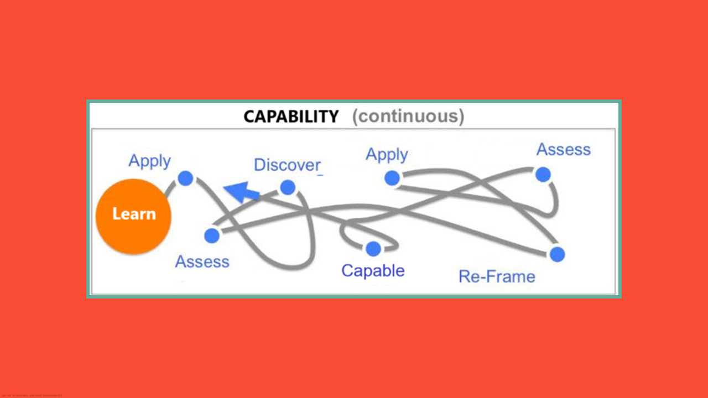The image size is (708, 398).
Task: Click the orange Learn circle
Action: coord(133,216)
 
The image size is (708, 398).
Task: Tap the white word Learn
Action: coord(134,214)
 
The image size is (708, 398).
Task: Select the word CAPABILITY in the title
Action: coord(291,117)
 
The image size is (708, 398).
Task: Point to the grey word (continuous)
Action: coord(408,117)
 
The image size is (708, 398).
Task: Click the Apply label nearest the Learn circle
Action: coord(149,161)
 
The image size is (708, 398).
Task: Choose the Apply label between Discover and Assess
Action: coord(387,155)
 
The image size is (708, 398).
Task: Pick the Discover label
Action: coord(287,165)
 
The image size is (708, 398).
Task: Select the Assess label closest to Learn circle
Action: coord(202,261)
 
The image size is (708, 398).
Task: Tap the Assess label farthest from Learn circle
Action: coord(563,150)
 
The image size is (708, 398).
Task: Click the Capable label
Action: coord(373,270)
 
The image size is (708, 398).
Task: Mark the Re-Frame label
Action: coord(497,276)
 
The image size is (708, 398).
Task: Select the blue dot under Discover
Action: coord(288,187)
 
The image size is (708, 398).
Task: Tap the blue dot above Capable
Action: coord(373,249)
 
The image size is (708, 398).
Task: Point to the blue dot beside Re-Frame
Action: coord(557,254)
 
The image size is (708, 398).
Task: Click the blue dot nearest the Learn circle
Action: coord(186,179)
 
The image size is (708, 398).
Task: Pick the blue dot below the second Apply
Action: coord(392,178)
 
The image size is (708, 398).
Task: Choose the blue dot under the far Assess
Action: coord(543,175)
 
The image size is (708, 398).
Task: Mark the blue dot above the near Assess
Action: coord(212,236)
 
